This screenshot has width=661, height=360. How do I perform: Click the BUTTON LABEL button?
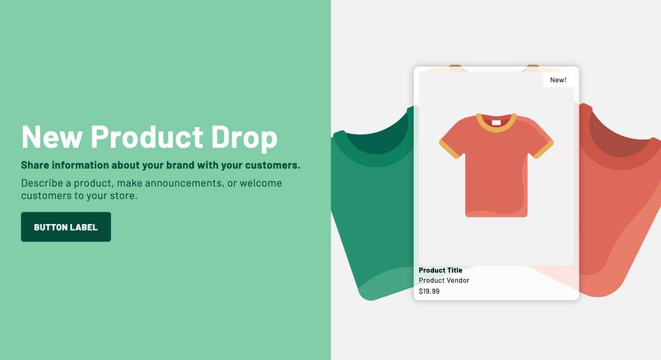[66, 227]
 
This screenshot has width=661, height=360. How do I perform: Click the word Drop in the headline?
[244, 137]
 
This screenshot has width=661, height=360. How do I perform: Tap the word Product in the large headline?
[147, 136]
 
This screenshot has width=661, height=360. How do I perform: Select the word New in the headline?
[52, 136]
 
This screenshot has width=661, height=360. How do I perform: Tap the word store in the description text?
[125, 195]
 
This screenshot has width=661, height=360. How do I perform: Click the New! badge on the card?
[558, 79]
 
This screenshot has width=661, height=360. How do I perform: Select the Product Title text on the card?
[441, 270]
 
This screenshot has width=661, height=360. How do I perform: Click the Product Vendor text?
[444, 281]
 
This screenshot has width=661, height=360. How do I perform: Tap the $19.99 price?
[429, 291]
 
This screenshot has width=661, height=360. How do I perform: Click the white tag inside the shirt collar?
[496, 123]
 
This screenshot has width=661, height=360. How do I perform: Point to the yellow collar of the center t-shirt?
[496, 129]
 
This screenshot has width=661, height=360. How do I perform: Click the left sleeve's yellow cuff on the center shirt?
[449, 150]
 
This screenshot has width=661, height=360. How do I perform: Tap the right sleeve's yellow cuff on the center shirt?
[543, 150]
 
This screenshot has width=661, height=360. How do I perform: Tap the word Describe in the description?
[42, 183]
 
